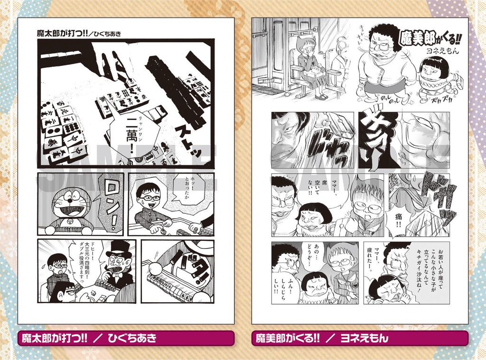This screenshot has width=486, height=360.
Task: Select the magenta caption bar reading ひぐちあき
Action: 126,338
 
